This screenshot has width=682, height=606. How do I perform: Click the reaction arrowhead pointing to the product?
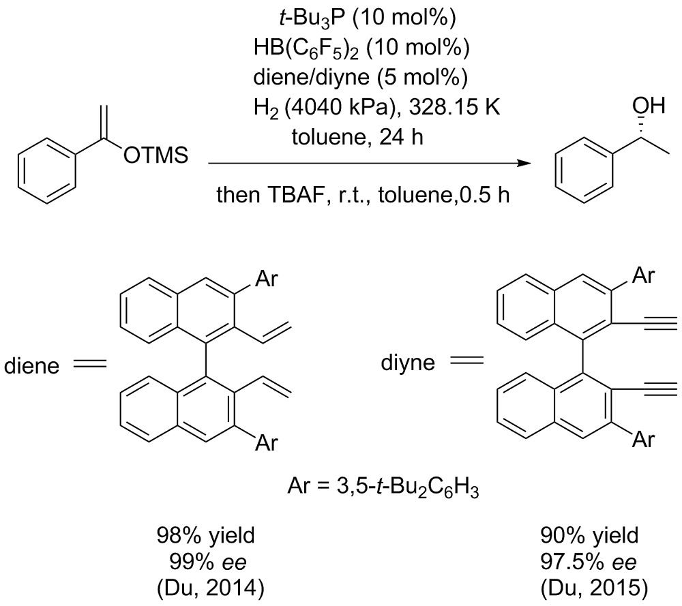coord(524,164)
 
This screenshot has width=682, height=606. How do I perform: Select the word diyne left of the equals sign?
coord(407,363)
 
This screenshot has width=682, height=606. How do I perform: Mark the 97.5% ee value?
coord(586,562)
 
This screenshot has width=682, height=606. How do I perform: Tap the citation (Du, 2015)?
coord(586,588)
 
